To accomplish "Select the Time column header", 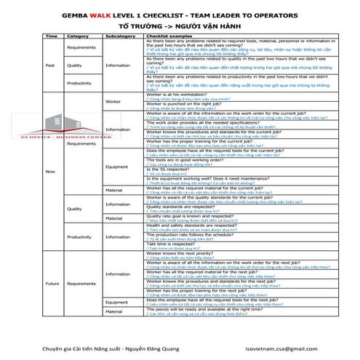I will (x=52, y=36).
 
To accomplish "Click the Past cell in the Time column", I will (x=51, y=65).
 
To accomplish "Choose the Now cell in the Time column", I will (x=51, y=172).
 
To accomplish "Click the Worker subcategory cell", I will (x=113, y=101).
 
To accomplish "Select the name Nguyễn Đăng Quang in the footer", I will (x=162, y=350).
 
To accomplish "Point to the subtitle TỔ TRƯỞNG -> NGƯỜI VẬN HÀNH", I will (x=180, y=25).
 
